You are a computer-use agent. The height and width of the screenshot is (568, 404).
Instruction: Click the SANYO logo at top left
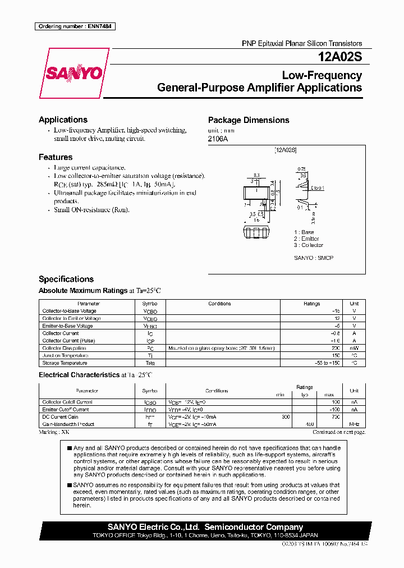tap(74, 73)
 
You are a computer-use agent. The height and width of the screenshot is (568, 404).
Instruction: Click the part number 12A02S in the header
tap(339, 57)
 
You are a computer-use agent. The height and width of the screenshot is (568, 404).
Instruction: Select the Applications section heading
tap(63, 120)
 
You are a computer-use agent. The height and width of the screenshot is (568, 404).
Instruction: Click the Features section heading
tap(56, 157)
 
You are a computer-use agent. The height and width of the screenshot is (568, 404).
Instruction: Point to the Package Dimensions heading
tap(249, 120)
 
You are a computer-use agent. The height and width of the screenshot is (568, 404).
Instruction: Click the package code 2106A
tap(218, 139)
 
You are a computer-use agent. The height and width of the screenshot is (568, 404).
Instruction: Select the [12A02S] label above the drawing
tap(286, 150)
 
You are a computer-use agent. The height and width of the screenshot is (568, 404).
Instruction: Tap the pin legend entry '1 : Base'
tap(304, 232)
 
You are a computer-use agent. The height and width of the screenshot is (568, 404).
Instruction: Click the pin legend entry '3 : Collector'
tap(309, 245)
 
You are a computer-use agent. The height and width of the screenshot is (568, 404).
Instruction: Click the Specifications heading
tap(66, 279)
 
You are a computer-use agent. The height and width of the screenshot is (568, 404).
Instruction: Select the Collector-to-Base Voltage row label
tap(69, 311)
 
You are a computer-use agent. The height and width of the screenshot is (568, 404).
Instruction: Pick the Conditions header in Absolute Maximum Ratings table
tap(219, 304)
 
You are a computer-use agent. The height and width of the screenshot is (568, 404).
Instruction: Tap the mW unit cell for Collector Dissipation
tap(354, 348)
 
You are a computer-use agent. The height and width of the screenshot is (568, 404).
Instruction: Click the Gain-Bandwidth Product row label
tap(69, 425)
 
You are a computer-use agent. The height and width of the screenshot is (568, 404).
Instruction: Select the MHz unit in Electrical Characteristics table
tap(354, 425)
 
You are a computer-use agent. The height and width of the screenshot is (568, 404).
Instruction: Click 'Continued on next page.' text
tap(338, 432)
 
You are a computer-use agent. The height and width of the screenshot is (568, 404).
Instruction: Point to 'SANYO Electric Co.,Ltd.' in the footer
tap(146, 527)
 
